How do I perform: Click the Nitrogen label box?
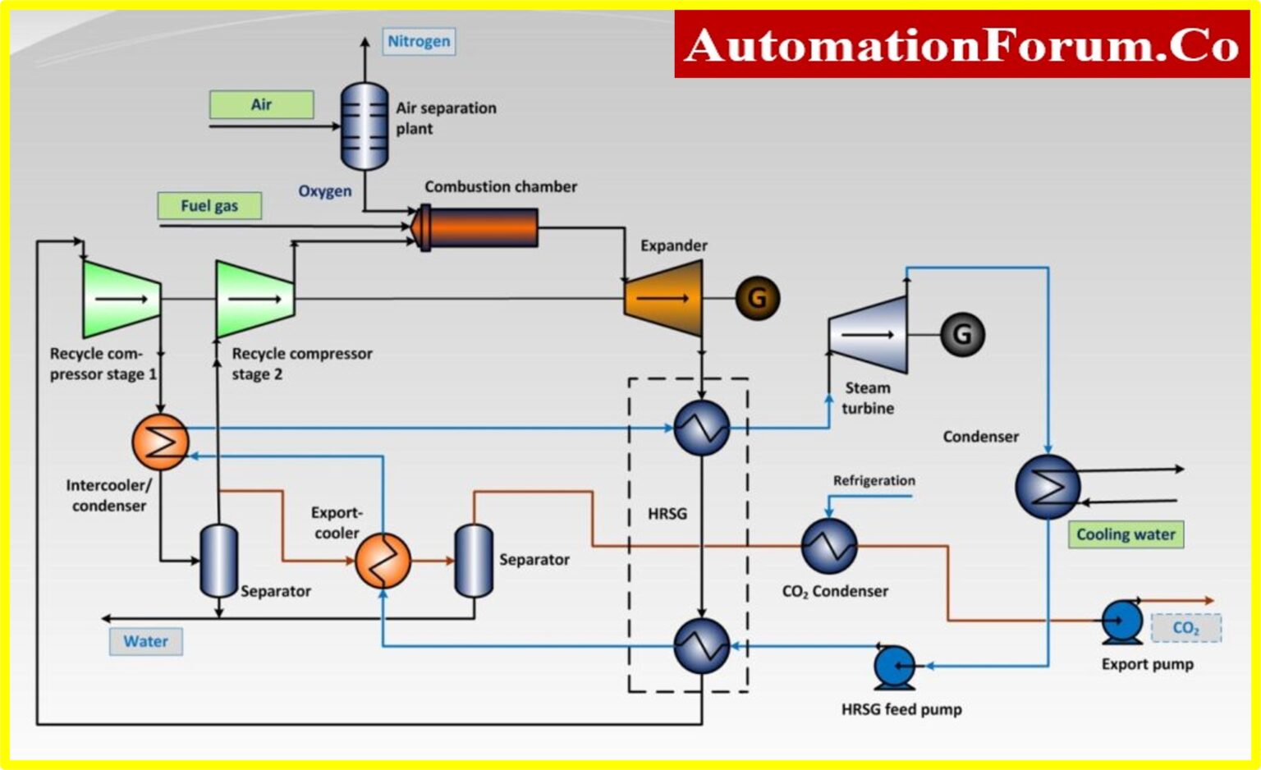coord(419,41)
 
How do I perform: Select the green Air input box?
coord(261,104)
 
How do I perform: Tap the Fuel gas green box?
coord(209,205)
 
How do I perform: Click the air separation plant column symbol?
coord(365,126)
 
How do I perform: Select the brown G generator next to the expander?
coord(757,298)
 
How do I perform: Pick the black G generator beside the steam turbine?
coord(961,334)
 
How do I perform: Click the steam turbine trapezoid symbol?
coord(869,335)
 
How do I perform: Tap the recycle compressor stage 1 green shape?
coord(121,300)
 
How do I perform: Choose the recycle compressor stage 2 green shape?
coord(254,300)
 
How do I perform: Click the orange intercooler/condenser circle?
coord(160,442)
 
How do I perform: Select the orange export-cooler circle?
coord(383,561)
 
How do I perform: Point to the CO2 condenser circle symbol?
coord(828,546)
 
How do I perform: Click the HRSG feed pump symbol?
coord(895,667)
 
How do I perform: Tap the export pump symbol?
coord(1122,622)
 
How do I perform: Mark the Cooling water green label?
coord(1126,534)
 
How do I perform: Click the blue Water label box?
coord(146,641)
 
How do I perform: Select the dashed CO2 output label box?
coord(1185,628)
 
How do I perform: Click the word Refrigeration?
coord(874,480)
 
